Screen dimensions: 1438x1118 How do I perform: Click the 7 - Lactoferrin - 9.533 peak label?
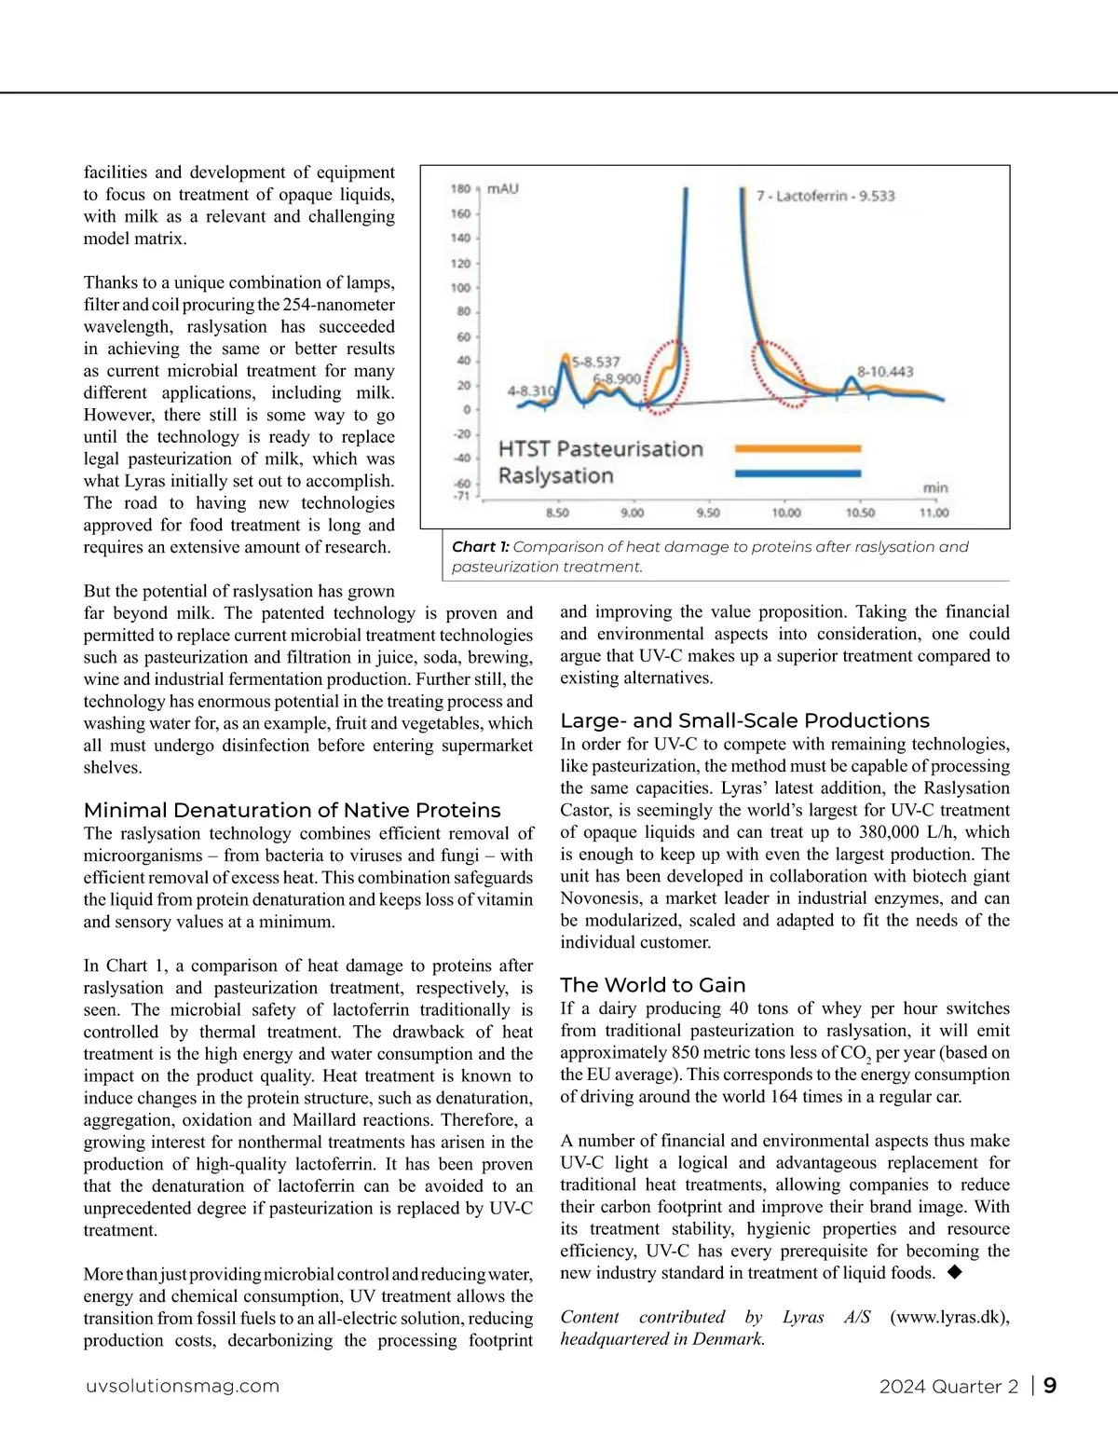825,197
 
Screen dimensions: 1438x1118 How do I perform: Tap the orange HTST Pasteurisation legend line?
798,448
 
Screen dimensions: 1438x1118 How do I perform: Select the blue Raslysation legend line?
798,473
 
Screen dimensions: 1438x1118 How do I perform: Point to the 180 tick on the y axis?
461,189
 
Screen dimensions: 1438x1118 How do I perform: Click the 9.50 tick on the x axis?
708,513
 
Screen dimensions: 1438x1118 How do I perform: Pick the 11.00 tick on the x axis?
934,513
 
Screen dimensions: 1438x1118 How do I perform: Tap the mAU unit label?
503,189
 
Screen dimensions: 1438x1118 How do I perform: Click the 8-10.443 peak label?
885,372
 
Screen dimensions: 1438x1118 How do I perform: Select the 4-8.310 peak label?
531,391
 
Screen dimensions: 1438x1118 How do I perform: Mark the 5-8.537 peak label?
595,362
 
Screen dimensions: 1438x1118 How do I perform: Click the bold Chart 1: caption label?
480,547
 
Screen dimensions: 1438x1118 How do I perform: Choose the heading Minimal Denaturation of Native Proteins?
292,811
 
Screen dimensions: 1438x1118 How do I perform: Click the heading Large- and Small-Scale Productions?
744,720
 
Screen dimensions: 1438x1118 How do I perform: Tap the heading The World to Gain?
652,985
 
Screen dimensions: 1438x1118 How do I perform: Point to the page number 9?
1050,1386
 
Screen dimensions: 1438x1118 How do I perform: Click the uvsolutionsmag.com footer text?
183,1386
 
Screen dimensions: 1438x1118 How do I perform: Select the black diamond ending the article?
954,1272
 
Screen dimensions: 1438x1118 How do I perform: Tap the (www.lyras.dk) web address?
949,1317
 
